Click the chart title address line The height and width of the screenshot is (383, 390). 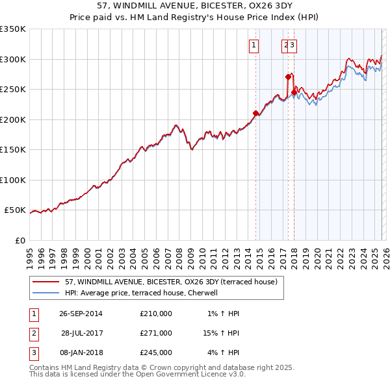(195, 5)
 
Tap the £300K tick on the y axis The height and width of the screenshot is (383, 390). (13, 59)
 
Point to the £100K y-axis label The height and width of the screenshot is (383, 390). (13, 180)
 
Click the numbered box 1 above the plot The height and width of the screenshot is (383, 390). (253, 45)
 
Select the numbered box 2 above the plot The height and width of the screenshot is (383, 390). (285, 45)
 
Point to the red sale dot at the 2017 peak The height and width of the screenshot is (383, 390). (288, 77)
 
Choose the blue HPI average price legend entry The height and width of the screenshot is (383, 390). (140, 293)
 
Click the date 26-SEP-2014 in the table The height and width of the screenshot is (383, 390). (81, 314)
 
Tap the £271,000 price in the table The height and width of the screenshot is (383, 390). (155, 333)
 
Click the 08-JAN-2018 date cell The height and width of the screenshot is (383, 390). (81, 352)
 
